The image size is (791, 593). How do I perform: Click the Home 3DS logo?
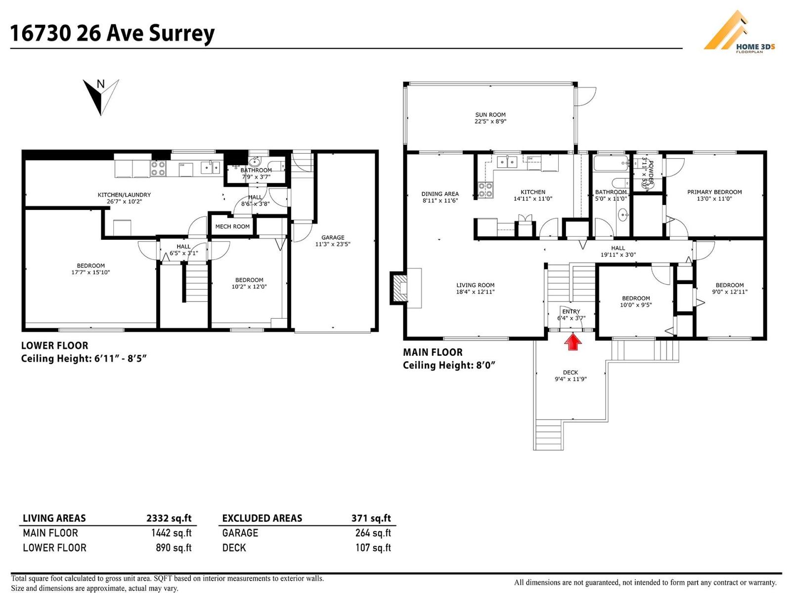coord(739,32)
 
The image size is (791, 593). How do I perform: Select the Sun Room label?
coord(490,115)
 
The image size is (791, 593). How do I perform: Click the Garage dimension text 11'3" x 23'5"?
coord(333,244)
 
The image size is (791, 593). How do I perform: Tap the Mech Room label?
coord(232,227)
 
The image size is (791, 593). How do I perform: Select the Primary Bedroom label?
coord(714,192)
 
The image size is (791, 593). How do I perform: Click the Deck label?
coord(570,373)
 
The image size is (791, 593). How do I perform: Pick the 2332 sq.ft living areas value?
coord(169,518)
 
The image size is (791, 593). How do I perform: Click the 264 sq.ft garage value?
coord(373,533)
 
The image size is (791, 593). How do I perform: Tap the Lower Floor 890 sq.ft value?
coord(173,548)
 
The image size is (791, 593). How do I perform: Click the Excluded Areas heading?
coord(262,518)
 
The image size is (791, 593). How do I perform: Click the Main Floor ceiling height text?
coord(449,365)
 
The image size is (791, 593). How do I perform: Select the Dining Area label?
coord(440,194)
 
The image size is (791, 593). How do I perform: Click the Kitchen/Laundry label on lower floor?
coord(124,195)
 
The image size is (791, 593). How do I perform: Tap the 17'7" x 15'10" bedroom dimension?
coord(90,272)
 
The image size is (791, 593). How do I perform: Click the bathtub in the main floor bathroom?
coord(611,164)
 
